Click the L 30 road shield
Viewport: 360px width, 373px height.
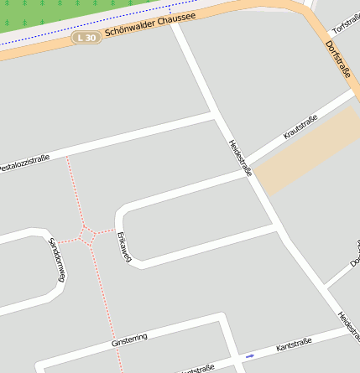pyautogui.click(x=86, y=38)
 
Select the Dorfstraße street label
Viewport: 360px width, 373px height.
pyautogui.click(x=337, y=60)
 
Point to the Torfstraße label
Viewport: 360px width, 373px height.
pyautogui.click(x=346, y=23)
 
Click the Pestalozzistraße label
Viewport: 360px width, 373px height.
pyautogui.click(x=23, y=162)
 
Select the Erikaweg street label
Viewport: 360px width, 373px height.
pyautogui.click(x=125, y=246)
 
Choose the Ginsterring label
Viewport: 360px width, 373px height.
pyautogui.click(x=129, y=339)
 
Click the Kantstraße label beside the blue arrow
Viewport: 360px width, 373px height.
pyautogui.click(x=294, y=345)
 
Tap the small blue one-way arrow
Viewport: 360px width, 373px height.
pyautogui.click(x=249, y=355)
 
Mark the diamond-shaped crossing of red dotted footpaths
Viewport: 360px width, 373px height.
pyautogui.click(x=86, y=233)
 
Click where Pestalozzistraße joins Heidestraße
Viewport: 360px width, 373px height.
pyautogui.click(x=217, y=114)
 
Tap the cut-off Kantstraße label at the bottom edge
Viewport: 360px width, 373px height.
pyautogui.click(x=198, y=369)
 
